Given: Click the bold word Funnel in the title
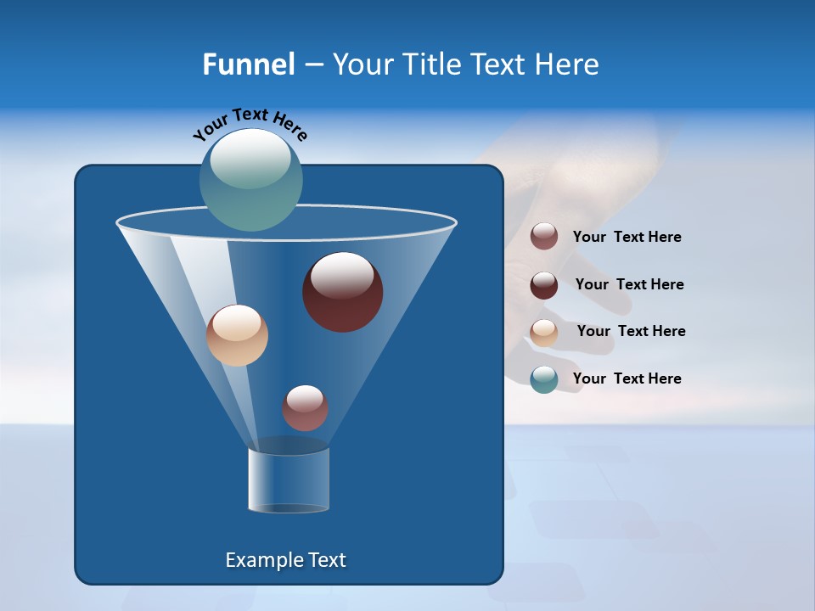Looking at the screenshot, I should point(248,64).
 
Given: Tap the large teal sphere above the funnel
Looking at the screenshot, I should point(250,180).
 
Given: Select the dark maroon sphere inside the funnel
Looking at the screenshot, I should point(342,293).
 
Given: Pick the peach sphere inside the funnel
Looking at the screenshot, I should point(237,335).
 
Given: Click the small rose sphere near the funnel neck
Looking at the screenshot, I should point(305,407).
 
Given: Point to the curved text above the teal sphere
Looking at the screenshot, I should point(250,124).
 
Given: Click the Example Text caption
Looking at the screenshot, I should point(285,560).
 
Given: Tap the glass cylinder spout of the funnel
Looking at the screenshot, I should point(289,479).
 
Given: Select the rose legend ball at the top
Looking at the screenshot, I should point(544,236).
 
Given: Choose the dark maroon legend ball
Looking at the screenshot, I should point(544,284).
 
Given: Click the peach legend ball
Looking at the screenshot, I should point(544,332).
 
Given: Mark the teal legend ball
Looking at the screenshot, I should point(544,379).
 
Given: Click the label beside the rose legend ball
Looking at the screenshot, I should point(627,237).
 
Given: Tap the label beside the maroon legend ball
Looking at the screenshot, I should point(629,284).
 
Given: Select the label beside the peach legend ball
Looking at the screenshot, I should point(631,331).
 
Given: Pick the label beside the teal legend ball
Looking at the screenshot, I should point(627,378).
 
